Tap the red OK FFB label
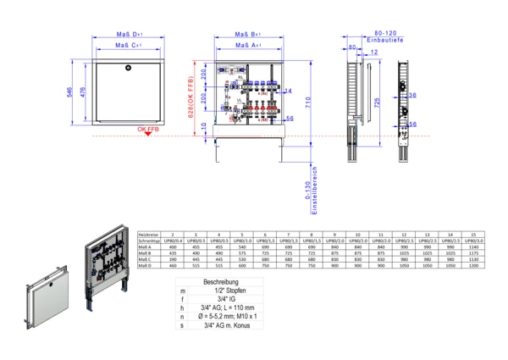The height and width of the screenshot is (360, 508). pyautogui.click(x=146, y=129)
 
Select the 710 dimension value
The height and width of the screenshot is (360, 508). pyautogui.click(x=310, y=101)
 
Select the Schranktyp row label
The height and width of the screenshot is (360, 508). pyautogui.click(x=149, y=241)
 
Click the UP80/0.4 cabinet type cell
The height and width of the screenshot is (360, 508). pyautogui.click(x=173, y=241)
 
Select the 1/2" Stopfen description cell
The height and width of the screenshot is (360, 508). pyautogui.click(x=218, y=291)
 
